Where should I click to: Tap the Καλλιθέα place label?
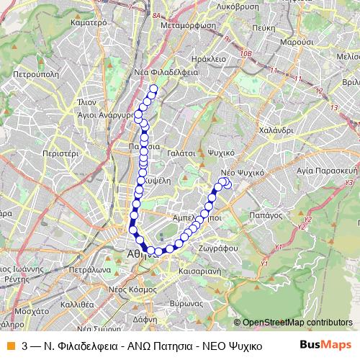(x=76, y=305)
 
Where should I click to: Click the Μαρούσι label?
(x=295, y=42)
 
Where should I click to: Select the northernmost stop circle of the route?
(x=153, y=89)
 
